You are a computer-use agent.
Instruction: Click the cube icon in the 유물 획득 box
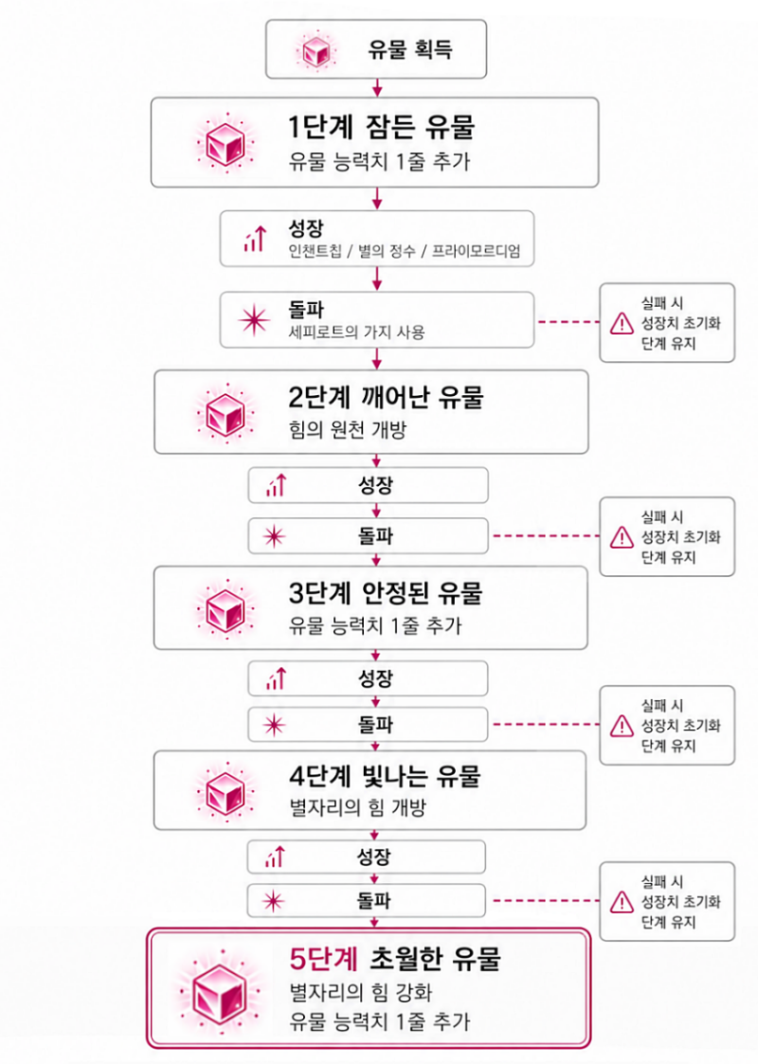316,50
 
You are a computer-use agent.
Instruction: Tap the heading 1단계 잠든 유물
381,127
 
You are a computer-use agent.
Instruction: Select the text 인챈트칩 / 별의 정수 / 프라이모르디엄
405,251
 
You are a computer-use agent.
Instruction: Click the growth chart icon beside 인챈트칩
255,239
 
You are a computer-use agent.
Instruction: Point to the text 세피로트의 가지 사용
357,333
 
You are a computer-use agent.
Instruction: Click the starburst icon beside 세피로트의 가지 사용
255,319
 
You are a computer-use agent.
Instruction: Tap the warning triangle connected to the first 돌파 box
622,323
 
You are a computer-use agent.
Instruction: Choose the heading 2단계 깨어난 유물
386,397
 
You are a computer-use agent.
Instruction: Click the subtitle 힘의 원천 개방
347,429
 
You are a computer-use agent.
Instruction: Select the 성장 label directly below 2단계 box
375,485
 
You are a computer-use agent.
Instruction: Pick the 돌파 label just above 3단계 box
375,536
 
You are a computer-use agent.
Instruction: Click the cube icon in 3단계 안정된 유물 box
226,608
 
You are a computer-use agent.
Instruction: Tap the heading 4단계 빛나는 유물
385,776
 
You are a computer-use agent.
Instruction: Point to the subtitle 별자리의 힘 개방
357,807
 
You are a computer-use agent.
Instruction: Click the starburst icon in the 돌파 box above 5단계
274,901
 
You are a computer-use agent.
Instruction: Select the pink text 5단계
324,959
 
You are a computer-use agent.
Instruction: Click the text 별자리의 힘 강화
360,992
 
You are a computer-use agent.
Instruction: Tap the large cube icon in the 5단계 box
219,996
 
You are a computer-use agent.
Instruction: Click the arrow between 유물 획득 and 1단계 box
377,87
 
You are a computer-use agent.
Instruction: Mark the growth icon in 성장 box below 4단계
276,857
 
